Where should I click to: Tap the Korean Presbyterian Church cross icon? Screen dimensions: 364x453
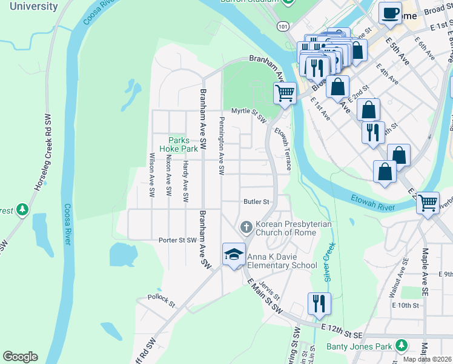246,227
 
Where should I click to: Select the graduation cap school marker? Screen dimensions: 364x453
234,255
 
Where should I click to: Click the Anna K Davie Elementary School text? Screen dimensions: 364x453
282,260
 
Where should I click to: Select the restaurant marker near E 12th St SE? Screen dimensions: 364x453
319,303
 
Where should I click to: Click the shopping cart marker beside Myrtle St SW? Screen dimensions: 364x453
285,93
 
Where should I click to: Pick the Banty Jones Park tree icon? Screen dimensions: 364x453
401,345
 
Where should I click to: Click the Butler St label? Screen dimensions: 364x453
256,201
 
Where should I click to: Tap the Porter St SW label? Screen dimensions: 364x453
178,240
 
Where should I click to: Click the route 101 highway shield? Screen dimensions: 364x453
283,26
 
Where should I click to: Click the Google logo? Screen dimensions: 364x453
20,357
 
